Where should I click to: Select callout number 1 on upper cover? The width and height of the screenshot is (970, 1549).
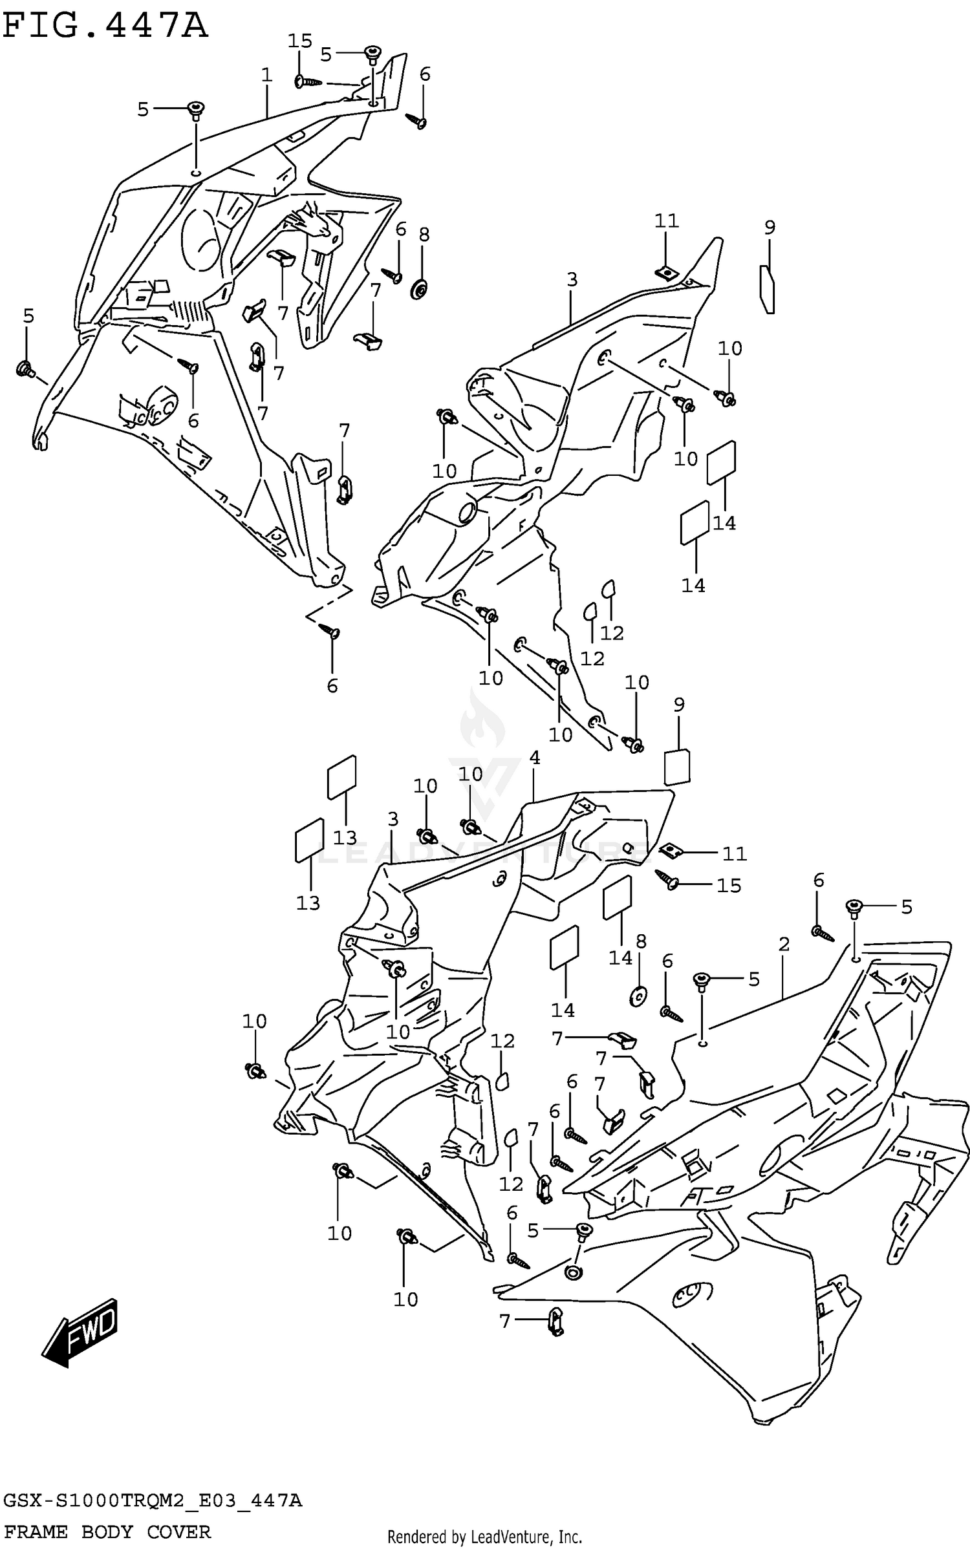(x=266, y=75)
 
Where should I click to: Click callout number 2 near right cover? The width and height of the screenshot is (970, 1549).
(x=784, y=945)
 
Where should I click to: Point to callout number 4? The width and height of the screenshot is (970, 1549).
(x=534, y=758)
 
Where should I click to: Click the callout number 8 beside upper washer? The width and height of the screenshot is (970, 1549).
(x=424, y=235)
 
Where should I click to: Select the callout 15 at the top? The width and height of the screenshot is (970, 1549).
(x=299, y=41)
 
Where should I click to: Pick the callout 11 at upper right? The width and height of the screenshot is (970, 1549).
(x=666, y=221)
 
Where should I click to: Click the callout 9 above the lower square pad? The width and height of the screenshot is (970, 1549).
(x=678, y=705)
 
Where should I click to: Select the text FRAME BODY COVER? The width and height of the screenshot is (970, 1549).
(x=107, y=1532)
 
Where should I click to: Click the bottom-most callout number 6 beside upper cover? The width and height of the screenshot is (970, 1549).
(x=332, y=685)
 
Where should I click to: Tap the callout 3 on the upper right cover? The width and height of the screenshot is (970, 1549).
(x=572, y=280)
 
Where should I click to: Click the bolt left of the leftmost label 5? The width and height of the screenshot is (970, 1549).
(x=26, y=369)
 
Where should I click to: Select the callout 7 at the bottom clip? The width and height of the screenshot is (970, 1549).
(x=504, y=1321)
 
